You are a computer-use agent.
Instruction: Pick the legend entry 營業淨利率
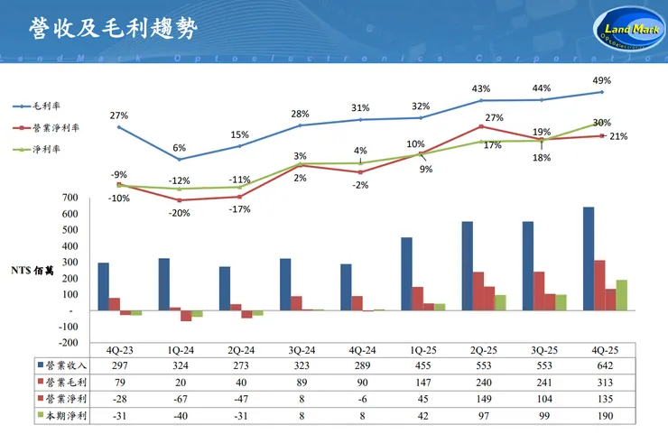click(x=52, y=128)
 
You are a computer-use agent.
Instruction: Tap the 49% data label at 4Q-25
click(x=602, y=80)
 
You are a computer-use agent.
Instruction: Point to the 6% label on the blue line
click(x=179, y=148)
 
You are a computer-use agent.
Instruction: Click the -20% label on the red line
click(x=179, y=213)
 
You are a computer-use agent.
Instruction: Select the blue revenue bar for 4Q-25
click(x=589, y=259)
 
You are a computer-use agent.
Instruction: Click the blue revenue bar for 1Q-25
click(x=406, y=274)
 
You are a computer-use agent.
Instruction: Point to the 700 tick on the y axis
click(x=70, y=198)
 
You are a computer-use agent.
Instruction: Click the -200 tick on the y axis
click(x=68, y=343)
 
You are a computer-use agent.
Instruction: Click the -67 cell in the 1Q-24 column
click(x=178, y=399)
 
